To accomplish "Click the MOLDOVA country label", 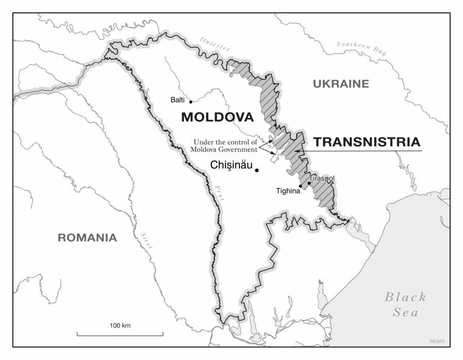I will pos(217,116).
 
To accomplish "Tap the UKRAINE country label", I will pos(341,84).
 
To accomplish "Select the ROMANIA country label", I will pos(87,238).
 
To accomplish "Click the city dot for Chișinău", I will pos(257,170).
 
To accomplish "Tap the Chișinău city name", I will pos(231,164).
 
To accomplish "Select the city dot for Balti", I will pos(191,102).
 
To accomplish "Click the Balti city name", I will pos(178,99).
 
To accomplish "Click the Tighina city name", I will pos(288,191).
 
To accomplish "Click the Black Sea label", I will pos(405,304).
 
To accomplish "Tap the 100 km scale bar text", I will pos(120,326).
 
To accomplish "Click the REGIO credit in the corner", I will pos(437,341).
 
